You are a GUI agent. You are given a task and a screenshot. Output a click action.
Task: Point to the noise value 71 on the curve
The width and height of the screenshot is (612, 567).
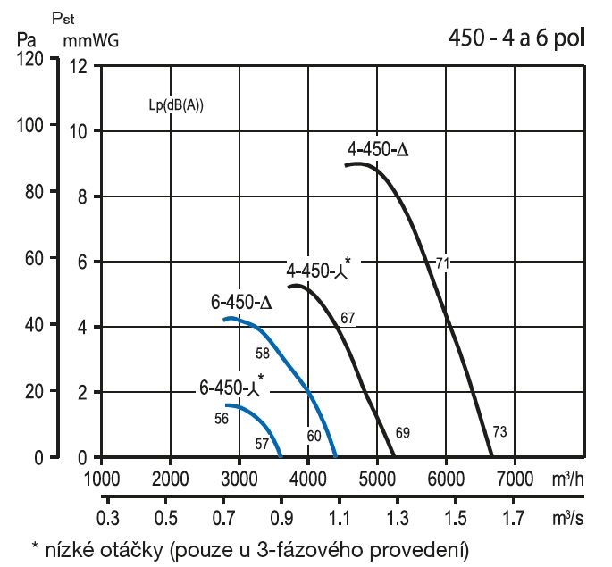(x=442, y=263)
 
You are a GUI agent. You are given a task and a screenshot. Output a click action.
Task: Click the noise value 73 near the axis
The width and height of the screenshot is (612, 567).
(x=499, y=432)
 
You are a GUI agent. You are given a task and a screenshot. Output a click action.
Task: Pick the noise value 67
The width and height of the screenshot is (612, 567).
(x=348, y=318)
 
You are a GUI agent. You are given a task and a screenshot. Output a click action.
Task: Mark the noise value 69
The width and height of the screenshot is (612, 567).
(x=402, y=433)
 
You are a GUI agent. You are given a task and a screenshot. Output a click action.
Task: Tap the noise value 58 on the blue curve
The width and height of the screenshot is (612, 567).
(x=263, y=354)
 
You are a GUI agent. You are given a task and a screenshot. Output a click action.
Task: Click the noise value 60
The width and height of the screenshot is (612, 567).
(x=314, y=436)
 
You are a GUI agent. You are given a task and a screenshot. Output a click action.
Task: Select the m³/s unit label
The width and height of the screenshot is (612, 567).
(x=575, y=516)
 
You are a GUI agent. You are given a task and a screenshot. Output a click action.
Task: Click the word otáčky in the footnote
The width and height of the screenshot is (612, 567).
(x=133, y=546)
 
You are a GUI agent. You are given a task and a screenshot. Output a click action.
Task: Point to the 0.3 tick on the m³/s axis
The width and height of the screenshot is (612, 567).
(x=107, y=517)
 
